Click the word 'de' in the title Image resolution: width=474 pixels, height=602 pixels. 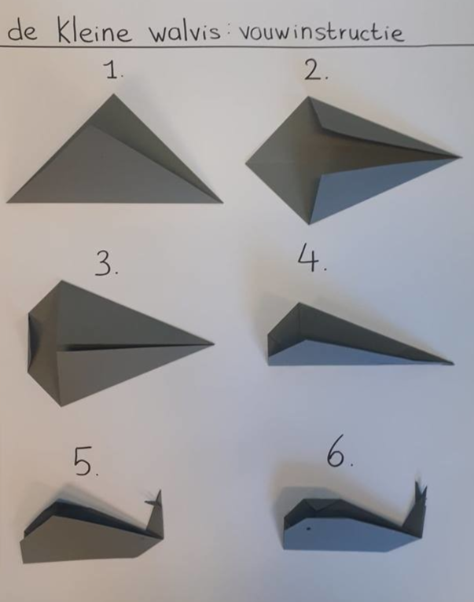pos(22,32)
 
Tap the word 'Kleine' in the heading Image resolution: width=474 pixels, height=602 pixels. pos(94,31)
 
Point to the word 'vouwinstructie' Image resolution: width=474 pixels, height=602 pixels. pos(321,31)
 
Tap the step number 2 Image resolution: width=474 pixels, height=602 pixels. pos(315,70)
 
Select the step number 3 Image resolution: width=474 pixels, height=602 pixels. pos(105,266)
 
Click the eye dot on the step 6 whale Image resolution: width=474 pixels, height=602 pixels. pos(308,529)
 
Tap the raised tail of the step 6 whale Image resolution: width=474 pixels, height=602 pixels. pos(415,508)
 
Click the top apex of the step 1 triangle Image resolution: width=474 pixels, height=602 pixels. pos(113,94)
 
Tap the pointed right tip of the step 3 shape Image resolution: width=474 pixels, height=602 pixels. pos(213,343)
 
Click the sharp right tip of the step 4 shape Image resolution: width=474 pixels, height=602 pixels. pos(454,363)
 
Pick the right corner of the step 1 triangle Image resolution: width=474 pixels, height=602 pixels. pos(222,202)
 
